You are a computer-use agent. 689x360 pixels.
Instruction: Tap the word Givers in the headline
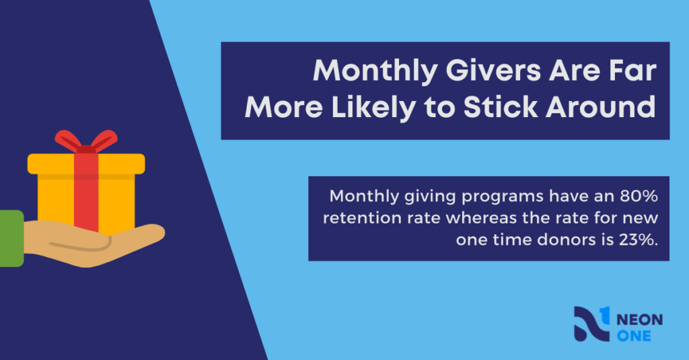[493, 71]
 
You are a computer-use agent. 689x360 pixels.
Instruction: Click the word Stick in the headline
[501, 107]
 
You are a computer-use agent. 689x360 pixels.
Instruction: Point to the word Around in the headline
[601, 107]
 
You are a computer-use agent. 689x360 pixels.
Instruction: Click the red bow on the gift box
[86, 141]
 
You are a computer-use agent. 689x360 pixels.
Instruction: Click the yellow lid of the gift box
[86, 164]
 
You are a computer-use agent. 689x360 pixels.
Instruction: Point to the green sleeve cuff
[11, 238]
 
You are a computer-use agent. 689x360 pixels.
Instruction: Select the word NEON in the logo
[639, 320]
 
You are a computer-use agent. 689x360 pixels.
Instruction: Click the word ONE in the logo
[634, 336]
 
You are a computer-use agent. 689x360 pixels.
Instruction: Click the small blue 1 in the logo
[605, 314]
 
